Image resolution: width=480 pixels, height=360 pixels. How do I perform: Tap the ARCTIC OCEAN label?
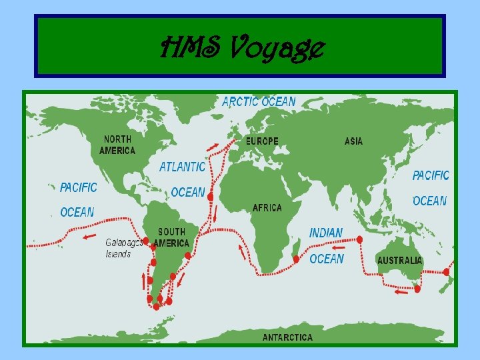pos(259,102)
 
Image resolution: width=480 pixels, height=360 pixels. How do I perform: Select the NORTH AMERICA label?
pos(117,145)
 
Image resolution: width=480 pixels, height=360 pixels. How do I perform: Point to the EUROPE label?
pos(262,141)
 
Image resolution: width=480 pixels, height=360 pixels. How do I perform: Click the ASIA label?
pos(353,141)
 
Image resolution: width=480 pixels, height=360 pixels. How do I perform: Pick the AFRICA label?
pos(267,208)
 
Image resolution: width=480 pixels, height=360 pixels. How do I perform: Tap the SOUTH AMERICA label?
pos(172,237)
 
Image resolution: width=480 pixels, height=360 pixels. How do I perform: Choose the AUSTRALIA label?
pos(399,260)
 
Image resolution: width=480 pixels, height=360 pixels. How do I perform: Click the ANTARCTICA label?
pos(287,337)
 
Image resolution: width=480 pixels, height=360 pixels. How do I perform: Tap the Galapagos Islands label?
pos(124,248)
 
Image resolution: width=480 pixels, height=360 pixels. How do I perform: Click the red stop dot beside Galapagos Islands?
pos(146,241)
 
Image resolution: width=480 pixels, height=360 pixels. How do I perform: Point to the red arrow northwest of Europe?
pos(211,146)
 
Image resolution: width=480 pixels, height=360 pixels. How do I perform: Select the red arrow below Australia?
pos(401,291)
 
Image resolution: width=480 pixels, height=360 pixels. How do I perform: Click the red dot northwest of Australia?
pos(360,239)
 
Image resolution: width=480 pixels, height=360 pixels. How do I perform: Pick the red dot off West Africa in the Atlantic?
pos(211,197)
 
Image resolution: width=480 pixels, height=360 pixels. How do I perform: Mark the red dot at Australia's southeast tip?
pos(417,288)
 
